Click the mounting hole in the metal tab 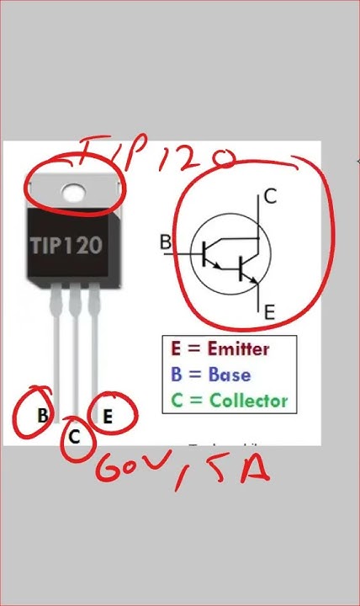74,194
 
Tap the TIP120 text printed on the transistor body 67,246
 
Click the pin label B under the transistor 42,414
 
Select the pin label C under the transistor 75,436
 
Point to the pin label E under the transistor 108,414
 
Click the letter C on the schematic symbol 269,197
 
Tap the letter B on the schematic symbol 165,242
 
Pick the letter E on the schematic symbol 269,312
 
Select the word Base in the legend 229,374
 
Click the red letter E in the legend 176,348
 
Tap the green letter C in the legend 176,401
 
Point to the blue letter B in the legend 176,374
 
